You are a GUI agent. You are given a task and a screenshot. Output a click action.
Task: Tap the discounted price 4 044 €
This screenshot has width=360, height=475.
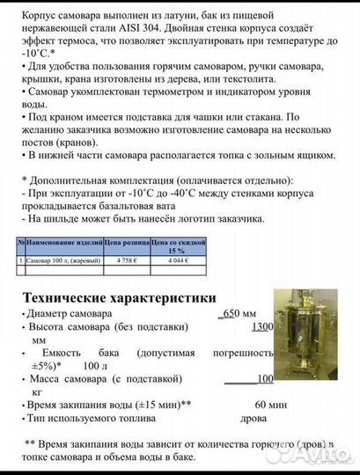pyautogui.click(x=168, y=260)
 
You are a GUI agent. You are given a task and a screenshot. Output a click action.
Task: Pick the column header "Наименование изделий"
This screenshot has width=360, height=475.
pyautogui.click(x=66, y=240)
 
